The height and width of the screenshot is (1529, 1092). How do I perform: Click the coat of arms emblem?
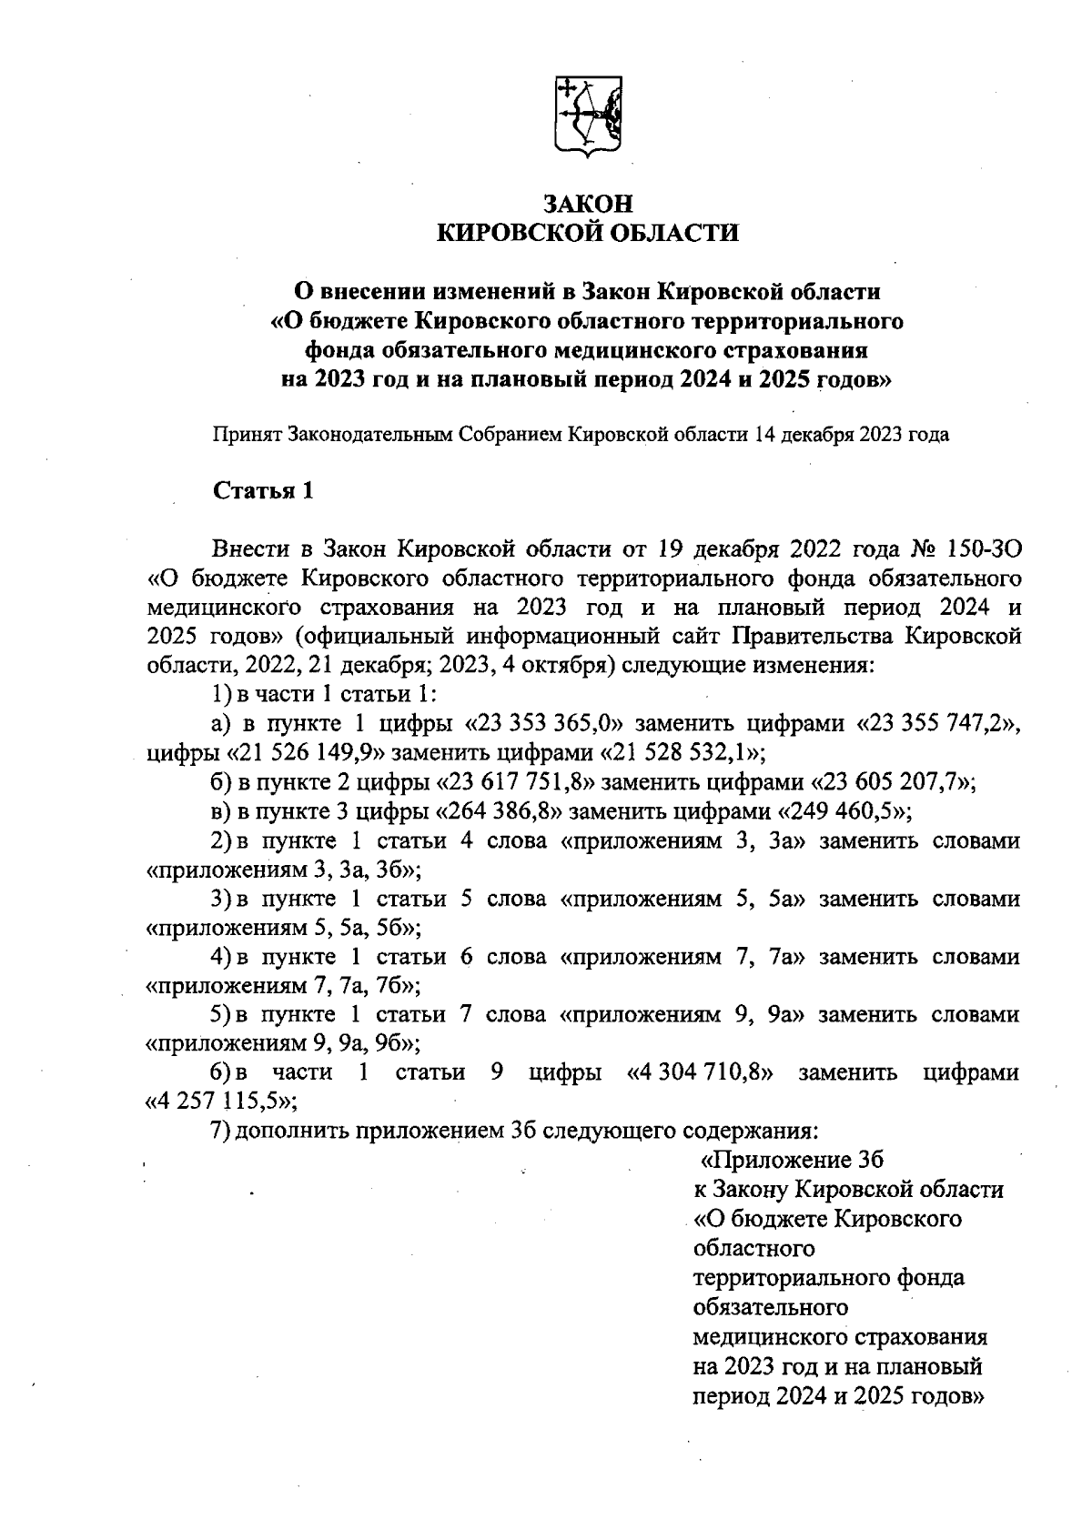(x=588, y=116)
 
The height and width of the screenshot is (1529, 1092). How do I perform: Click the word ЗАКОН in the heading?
(x=588, y=204)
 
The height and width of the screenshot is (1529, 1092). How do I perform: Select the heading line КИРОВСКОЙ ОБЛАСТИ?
(x=588, y=234)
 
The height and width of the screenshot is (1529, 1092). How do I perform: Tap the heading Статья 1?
(x=263, y=491)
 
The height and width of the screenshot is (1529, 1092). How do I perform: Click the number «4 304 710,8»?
(x=701, y=1073)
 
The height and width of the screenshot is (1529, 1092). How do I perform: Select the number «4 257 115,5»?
(x=223, y=1102)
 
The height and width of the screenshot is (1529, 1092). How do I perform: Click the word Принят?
(x=247, y=435)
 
